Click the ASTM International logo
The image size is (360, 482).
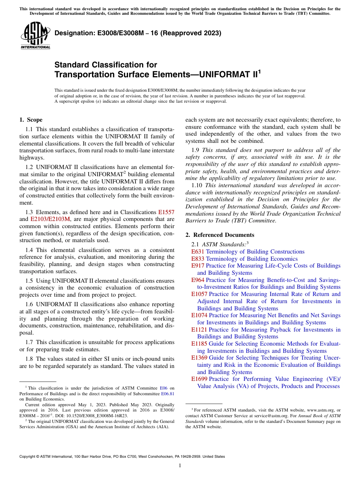(35, 36)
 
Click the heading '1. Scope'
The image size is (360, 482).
(31, 120)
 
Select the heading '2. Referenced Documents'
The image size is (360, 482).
(219, 235)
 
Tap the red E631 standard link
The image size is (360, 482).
(197, 252)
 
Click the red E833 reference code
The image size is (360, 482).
(197, 259)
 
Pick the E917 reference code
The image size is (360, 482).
(197, 266)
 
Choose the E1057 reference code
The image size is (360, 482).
(199, 294)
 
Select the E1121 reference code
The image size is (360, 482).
(199, 330)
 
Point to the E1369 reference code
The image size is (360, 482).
(199, 358)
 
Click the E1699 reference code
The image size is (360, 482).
(199, 379)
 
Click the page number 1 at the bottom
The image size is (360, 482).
(180, 466)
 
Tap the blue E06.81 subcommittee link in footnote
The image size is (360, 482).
(167, 394)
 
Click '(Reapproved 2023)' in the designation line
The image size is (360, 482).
(191, 33)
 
